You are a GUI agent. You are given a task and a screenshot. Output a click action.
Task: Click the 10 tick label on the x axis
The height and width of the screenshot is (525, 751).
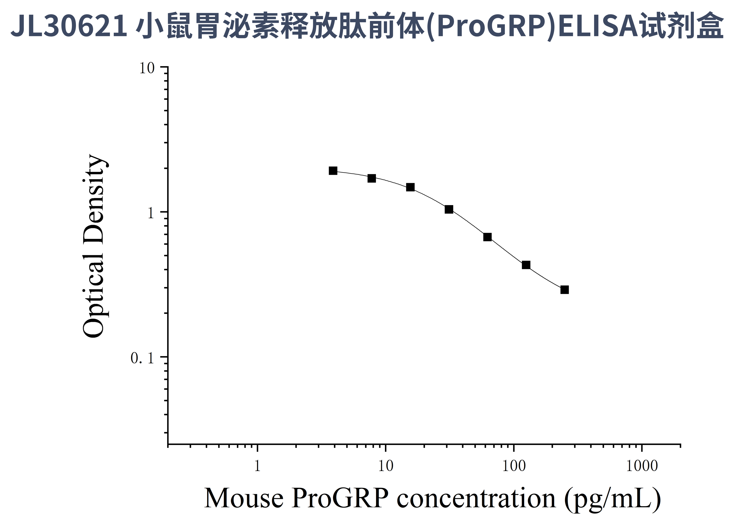[x=386, y=466]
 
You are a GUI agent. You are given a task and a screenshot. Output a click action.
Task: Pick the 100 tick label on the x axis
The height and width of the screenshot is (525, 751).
[x=514, y=466]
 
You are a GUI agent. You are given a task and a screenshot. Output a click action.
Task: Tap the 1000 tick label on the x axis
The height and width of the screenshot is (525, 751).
[x=642, y=466]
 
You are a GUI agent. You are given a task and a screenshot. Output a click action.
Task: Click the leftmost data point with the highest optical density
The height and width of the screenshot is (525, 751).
[x=333, y=171]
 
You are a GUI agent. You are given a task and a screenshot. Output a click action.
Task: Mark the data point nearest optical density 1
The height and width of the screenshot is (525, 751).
[x=449, y=209]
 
